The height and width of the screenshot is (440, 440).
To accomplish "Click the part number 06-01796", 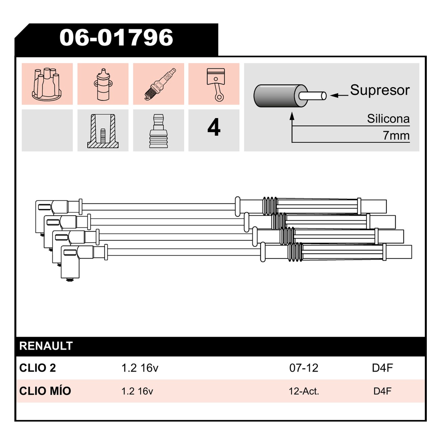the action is click(x=116, y=38).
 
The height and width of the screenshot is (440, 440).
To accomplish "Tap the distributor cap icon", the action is click(x=47, y=84).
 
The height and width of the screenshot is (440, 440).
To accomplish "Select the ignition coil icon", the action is click(x=103, y=84).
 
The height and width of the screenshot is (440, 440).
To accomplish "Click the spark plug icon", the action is click(x=160, y=84).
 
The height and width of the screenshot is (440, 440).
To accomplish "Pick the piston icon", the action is click(x=215, y=85).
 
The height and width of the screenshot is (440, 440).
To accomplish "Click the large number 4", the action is click(x=214, y=127).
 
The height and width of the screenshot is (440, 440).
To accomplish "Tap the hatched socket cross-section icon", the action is click(x=103, y=131).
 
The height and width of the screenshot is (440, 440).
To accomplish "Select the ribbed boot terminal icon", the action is click(x=158, y=131).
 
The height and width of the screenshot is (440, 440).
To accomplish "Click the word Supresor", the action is click(x=380, y=90).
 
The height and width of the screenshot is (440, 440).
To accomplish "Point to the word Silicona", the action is click(x=388, y=119).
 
